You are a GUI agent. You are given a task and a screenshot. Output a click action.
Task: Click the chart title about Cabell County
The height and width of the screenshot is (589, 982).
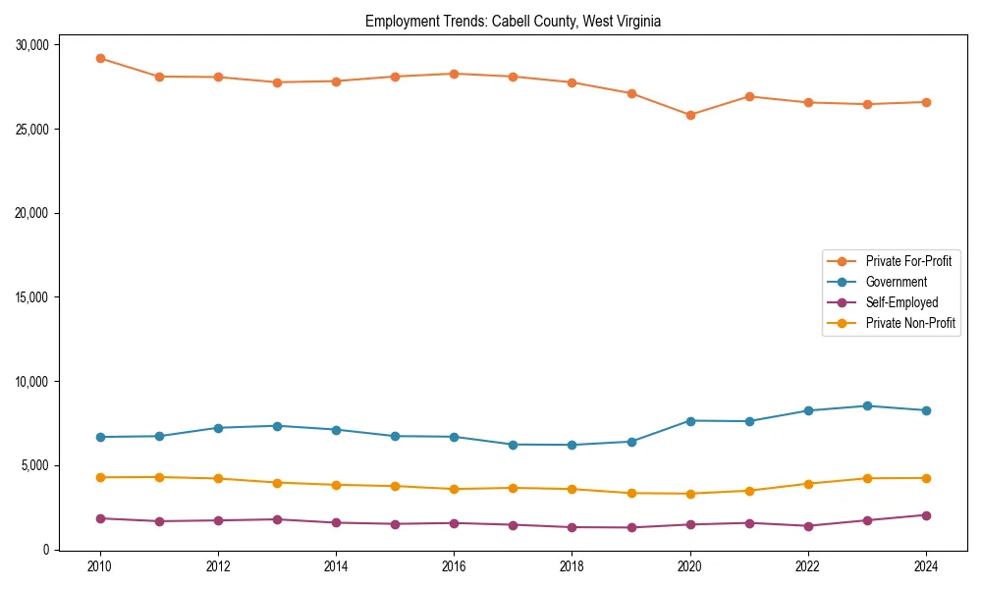513,22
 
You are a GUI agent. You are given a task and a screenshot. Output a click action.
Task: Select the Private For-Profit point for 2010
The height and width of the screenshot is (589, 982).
100,58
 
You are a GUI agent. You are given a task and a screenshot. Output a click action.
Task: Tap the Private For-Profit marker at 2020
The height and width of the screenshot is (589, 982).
690,115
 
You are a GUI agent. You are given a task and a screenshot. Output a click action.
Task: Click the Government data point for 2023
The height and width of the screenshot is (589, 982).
867,405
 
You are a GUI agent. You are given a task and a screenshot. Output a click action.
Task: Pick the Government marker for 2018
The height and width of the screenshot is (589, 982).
572,445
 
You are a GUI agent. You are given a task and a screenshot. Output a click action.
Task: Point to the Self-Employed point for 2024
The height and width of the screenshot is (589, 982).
926,515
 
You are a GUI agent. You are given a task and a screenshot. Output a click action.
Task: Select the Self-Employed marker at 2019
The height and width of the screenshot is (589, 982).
631,527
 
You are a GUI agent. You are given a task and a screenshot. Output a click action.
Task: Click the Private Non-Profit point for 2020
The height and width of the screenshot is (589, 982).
690,494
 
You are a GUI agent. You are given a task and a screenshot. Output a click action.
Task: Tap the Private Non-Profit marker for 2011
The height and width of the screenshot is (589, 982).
159,477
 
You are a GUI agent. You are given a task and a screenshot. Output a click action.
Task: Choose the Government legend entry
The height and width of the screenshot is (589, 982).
896,282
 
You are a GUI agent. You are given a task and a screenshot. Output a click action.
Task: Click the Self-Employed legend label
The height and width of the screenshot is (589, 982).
901,302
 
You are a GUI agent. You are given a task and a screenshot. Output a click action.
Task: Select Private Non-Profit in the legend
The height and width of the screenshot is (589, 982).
910,323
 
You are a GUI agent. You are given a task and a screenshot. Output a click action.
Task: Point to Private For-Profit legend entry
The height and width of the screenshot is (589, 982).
907,261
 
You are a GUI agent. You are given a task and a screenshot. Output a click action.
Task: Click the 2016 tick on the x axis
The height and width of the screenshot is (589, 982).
454,566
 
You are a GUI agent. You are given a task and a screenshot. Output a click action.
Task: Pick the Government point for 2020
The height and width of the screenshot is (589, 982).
690,421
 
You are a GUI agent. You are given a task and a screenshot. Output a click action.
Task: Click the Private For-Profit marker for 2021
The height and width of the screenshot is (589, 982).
749,96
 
